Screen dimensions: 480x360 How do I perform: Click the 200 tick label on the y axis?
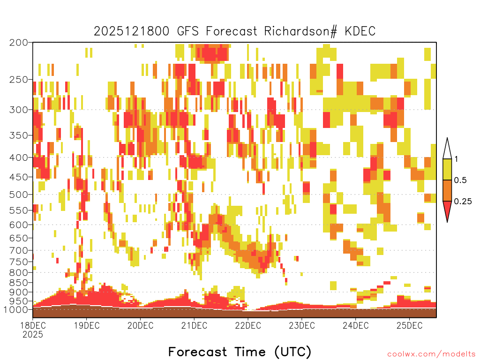(18, 43)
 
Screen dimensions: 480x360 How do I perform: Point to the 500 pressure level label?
(18, 195)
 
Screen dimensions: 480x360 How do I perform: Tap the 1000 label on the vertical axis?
(15, 309)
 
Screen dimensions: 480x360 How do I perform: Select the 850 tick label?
(18, 283)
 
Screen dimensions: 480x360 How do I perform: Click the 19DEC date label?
(87, 325)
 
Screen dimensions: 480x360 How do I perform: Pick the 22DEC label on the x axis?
(248, 325)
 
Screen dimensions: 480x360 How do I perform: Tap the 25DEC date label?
(409, 325)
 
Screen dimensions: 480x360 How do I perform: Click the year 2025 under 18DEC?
(33, 335)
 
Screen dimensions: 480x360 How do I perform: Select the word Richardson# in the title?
(300, 31)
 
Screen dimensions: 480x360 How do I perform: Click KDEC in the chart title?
(360, 31)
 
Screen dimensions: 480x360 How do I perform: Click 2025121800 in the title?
(131, 31)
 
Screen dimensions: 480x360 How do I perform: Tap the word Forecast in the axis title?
(198, 352)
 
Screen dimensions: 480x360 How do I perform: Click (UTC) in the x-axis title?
(292, 352)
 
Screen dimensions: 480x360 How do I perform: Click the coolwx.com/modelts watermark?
(432, 354)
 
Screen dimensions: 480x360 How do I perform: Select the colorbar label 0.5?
(460, 180)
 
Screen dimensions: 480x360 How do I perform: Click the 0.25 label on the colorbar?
(463, 202)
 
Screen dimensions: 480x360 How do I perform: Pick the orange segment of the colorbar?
(447, 191)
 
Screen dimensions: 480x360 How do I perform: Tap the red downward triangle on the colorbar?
(447, 210)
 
